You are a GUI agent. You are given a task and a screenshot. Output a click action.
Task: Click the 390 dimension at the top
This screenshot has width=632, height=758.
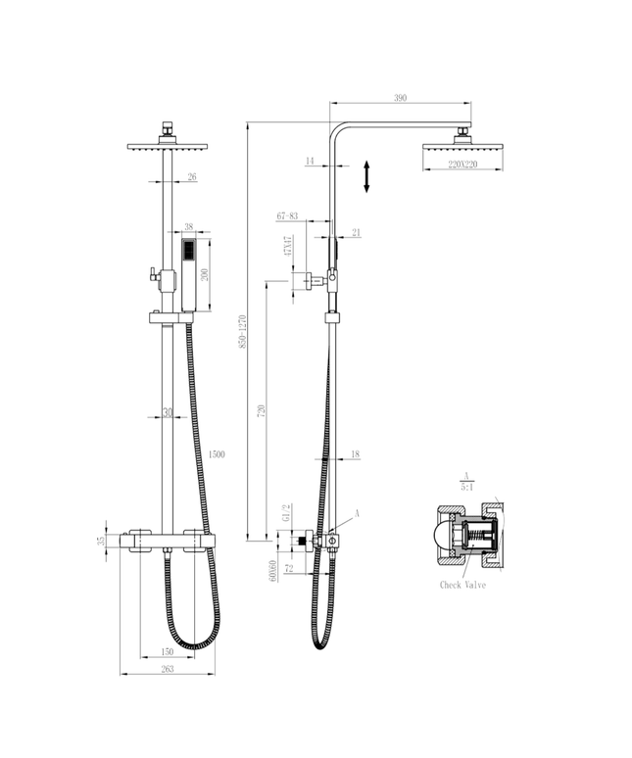click(400, 98)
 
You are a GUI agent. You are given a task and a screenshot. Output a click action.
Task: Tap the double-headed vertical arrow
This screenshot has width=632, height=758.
click(366, 177)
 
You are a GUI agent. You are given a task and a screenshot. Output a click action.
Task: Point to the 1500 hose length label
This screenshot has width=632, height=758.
click(217, 454)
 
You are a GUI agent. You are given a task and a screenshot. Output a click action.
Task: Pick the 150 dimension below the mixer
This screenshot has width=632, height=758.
click(167, 650)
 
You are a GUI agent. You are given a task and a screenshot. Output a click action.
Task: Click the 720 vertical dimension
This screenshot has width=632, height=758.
click(261, 412)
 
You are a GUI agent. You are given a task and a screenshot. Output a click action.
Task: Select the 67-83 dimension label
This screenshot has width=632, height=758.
click(288, 214)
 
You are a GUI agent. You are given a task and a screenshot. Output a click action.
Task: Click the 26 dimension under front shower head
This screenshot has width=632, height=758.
click(191, 177)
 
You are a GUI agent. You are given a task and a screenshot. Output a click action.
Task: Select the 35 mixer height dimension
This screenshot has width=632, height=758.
click(102, 541)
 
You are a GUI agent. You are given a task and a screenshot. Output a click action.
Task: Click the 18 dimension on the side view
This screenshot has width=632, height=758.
click(354, 454)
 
